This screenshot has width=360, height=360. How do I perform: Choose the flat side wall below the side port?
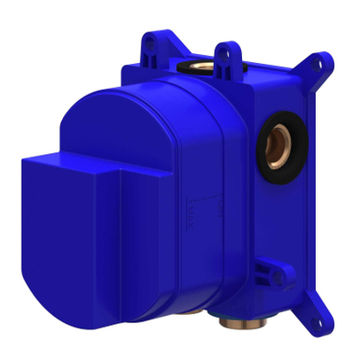[270, 207]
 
